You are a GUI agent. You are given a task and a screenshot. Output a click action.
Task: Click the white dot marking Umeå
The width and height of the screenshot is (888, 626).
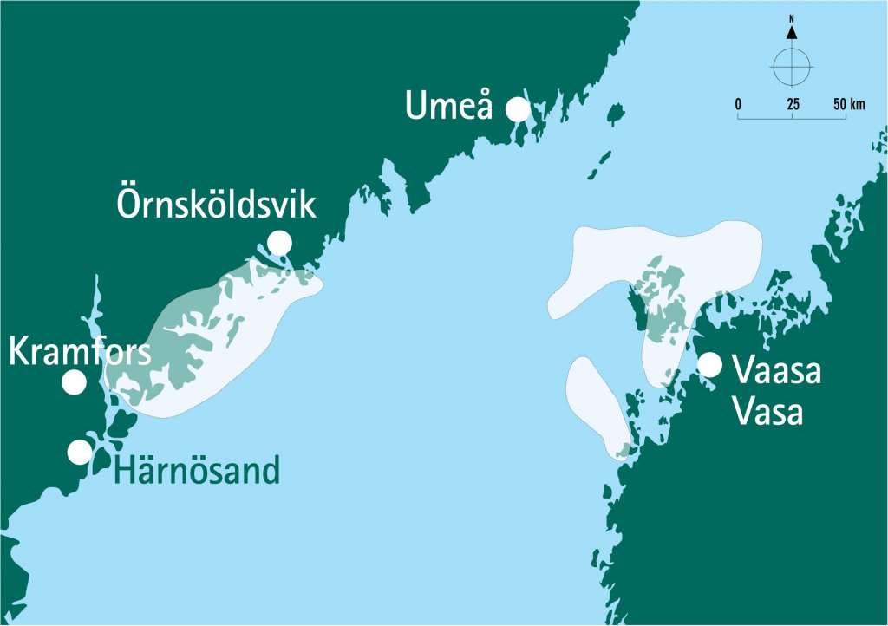pyautogui.click(x=518, y=108)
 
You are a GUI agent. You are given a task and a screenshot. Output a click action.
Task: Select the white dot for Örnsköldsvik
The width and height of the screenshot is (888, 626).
pyautogui.click(x=279, y=243)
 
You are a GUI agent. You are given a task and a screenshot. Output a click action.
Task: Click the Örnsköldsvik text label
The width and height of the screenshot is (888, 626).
pyautogui.click(x=216, y=205)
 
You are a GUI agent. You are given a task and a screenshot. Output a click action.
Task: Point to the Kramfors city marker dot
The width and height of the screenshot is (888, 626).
pyautogui.click(x=75, y=381)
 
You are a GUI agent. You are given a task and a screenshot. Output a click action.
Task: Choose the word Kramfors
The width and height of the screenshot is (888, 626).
pyautogui.click(x=80, y=352)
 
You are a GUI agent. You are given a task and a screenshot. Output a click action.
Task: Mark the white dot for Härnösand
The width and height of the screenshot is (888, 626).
pyautogui.click(x=80, y=451)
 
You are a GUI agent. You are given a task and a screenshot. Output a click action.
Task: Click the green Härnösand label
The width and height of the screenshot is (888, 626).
pyautogui.click(x=197, y=471)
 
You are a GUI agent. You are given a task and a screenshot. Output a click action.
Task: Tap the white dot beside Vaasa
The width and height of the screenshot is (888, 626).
pyautogui.click(x=709, y=365)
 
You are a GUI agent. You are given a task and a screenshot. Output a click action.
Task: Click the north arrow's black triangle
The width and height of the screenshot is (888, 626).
pyautogui.click(x=791, y=33)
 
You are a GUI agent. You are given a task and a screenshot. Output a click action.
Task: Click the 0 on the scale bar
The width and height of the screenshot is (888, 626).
pyautogui.click(x=738, y=104)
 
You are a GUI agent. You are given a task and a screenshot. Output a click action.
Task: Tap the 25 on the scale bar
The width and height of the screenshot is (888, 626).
pyautogui.click(x=793, y=104)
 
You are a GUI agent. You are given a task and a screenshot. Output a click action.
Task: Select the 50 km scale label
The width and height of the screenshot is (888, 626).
pyautogui.click(x=849, y=104)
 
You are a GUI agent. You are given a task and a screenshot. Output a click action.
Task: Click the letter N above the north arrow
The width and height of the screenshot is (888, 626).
pyautogui.click(x=791, y=17)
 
